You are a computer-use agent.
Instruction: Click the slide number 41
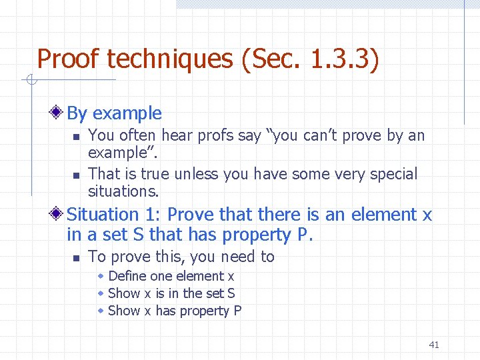tap(434, 345)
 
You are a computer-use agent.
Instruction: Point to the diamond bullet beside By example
tap(60, 113)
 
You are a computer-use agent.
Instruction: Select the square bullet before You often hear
tap(76, 137)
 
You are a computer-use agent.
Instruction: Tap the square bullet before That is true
tap(76, 175)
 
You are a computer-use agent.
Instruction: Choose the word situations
tap(123, 191)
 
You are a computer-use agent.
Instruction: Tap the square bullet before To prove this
tap(76, 257)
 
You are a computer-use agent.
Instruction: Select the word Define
tap(128, 276)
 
